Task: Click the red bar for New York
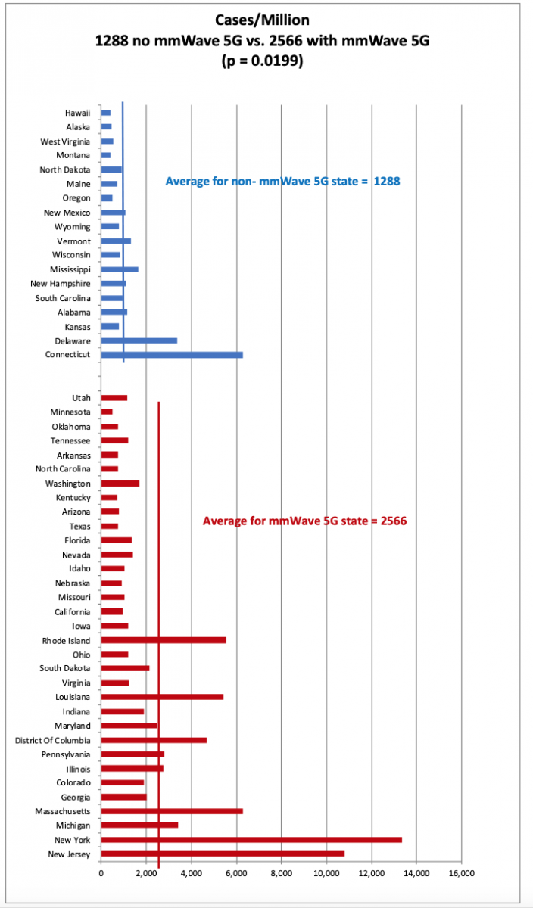tap(251, 839)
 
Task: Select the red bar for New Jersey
tap(223, 854)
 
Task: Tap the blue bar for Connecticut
tap(172, 354)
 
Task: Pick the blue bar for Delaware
tap(139, 340)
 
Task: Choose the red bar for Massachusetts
tap(172, 810)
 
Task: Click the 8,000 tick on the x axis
tap(281, 872)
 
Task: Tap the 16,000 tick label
tap(461, 872)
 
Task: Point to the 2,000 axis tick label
tap(146, 872)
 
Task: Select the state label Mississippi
tap(70, 269)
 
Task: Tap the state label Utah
tap(81, 397)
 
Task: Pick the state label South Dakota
tap(65, 668)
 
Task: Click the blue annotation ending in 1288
tap(282, 182)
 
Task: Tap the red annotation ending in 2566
tap(305, 521)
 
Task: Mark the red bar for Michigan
tap(139, 825)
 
